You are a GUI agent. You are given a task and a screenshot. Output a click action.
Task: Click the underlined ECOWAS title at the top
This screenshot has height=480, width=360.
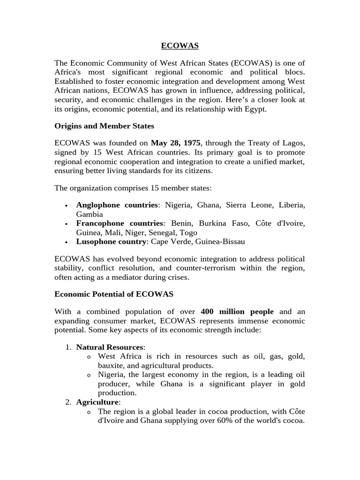point(180,45)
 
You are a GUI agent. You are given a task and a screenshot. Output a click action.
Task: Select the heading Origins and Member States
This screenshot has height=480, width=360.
point(104,126)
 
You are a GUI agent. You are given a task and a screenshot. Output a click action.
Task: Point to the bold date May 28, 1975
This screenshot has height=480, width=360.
point(175,143)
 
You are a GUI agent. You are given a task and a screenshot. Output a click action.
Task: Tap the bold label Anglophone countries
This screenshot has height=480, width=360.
point(117,205)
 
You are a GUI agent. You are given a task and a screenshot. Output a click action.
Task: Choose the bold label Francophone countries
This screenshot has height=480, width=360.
point(119,224)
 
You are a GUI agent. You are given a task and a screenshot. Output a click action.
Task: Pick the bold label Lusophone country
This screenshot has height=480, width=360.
point(111,242)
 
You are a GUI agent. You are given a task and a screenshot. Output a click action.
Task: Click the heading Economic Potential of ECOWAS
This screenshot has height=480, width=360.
point(114,294)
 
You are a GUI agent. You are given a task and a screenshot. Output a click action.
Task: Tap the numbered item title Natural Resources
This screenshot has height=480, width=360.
point(110,347)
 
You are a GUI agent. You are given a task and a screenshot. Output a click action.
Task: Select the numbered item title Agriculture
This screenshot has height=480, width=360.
point(98,402)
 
